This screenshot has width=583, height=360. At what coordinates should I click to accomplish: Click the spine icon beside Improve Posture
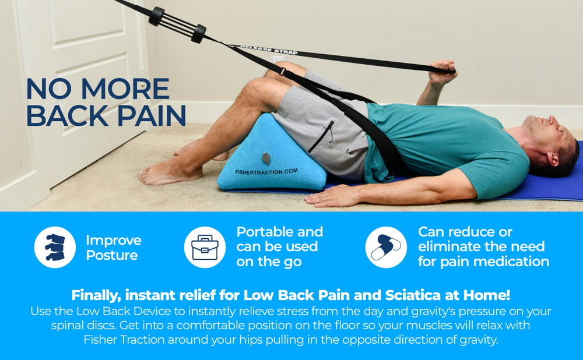pos(55,248)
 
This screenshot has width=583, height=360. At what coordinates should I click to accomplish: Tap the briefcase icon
pos(205,248)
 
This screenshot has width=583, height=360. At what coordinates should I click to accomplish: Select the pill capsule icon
pos(386,248)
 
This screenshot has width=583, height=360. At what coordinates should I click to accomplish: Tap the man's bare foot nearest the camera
pos(163,174)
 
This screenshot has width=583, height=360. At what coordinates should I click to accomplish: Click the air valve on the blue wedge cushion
pos(266,158)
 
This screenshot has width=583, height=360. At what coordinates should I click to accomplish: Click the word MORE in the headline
pos(128,89)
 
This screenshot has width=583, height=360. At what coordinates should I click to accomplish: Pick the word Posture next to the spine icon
pos(112,255)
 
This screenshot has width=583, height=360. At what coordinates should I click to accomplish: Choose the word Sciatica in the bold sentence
pos(406,295)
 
